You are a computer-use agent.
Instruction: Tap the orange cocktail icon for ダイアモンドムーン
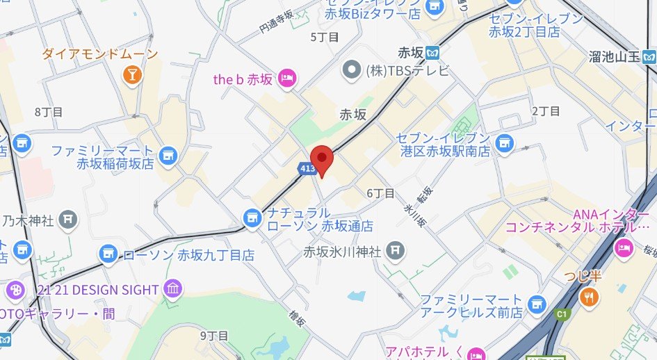click(x=130, y=74)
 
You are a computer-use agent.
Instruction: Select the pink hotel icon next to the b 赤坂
click(x=286, y=79)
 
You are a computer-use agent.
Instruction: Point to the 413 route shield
click(x=307, y=167)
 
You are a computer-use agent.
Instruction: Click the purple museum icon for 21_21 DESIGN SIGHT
click(x=172, y=289)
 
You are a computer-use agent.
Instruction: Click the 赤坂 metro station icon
click(x=432, y=51)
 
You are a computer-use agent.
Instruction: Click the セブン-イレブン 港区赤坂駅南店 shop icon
click(x=504, y=143)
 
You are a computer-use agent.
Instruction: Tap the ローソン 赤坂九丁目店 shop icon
click(x=108, y=254)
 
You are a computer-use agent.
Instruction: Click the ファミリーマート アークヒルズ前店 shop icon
click(x=535, y=304)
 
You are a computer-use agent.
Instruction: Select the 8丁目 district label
click(x=48, y=112)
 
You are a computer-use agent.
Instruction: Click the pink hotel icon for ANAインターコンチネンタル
click(x=624, y=246)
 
